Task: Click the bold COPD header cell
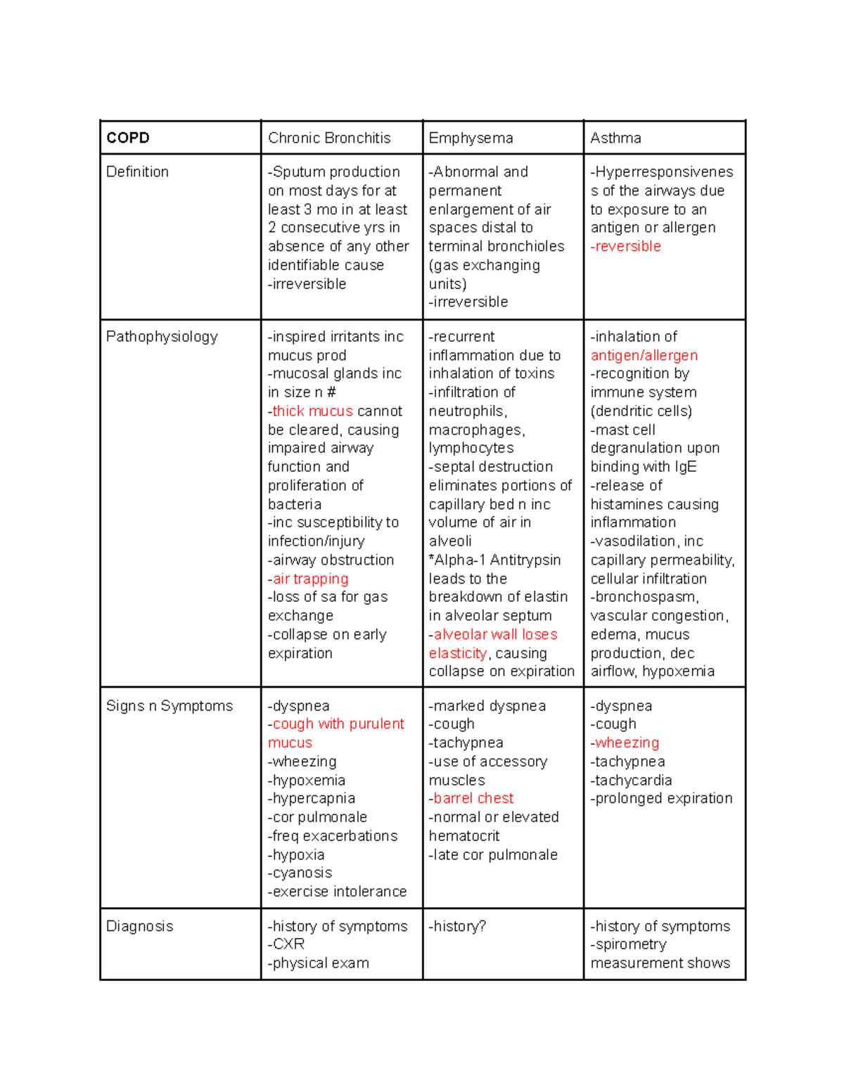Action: pyautogui.click(x=128, y=138)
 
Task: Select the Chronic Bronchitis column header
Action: pyautogui.click(x=329, y=138)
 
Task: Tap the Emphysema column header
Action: pyautogui.click(x=471, y=138)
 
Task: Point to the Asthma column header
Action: pyautogui.click(x=615, y=138)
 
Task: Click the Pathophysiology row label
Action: pyautogui.click(x=162, y=337)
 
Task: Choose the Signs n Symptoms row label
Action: pyautogui.click(x=169, y=706)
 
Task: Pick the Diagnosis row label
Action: pyautogui.click(x=139, y=926)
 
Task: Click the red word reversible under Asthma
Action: pyautogui.click(x=627, y=247)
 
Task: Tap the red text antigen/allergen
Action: pyautogui.click(x=644, y=356)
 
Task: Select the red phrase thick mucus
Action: pyautogui.click(x=312, y=411)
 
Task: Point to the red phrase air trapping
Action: pyautogui.click(x=310, y=579)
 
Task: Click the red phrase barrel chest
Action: pyautogui.click(x=473, y=799)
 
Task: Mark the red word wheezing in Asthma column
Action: pyautogui.click(x=627, y=743)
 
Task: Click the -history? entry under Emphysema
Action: pyautogui.click(x=457, y=926)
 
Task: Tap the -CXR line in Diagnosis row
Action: pyautogui.click(x=286, y=944)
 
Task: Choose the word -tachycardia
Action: pyautogui.click(x=631, y=781)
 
